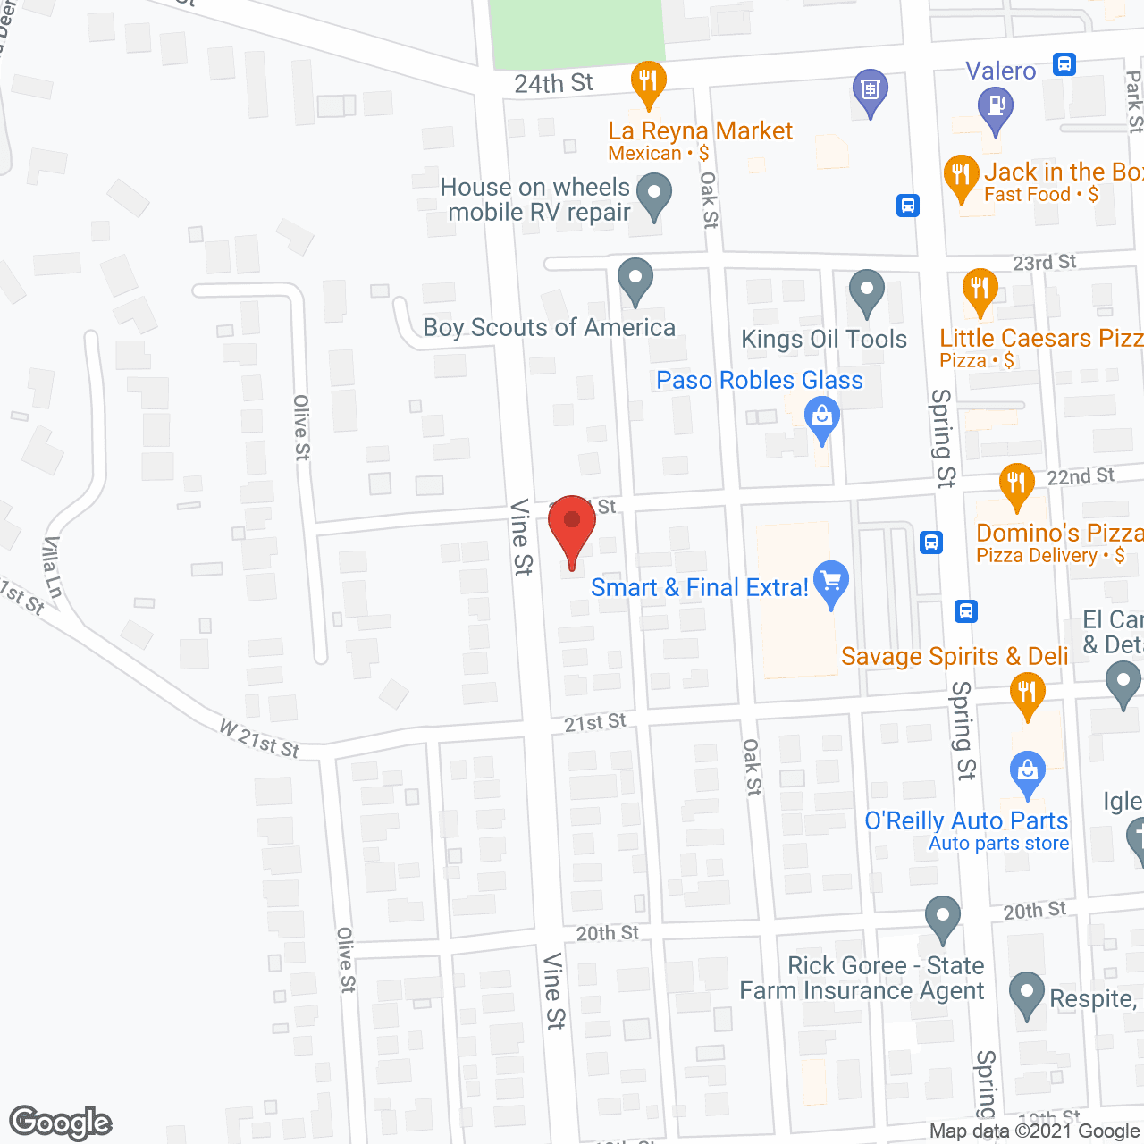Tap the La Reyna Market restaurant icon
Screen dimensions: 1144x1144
[648, 81]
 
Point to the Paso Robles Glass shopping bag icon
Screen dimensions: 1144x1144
[821, 416]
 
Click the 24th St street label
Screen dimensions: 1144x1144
[553, 84]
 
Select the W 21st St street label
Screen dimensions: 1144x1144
[259, 740]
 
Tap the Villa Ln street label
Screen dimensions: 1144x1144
[53, 568]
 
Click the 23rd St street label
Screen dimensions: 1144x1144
[1044, 263]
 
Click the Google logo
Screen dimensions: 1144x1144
[60, 1123]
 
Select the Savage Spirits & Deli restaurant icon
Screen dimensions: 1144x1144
[1027, 693]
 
